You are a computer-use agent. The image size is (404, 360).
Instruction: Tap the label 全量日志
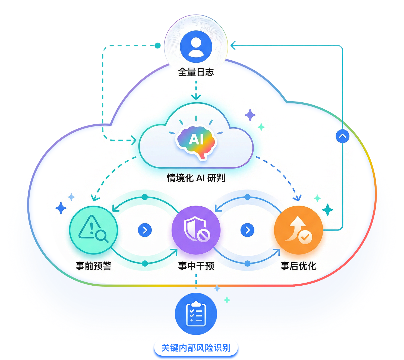pos(196,72)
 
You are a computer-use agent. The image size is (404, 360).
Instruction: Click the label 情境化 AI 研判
pos(196,178)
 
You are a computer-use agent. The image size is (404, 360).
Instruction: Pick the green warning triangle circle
pos(93,230)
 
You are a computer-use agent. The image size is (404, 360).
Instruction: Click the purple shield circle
pos(196,230)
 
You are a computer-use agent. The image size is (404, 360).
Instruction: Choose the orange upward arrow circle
pos(298,230)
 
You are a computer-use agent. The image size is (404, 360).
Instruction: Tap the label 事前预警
pos(93,266)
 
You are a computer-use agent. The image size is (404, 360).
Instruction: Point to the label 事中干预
pos(196,266)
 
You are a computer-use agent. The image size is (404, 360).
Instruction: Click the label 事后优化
pos(298,266)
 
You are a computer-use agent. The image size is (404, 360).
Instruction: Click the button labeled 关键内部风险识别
pos(196,348)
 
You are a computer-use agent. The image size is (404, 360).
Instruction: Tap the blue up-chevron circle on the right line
pos(342,136)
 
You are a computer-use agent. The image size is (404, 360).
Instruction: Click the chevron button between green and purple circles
pos(145,230)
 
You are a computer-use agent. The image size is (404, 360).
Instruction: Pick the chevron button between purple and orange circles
pos(247,230)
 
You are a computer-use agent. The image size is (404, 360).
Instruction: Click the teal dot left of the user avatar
pos(158,45)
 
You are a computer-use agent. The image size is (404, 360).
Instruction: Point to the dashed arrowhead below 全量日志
pos(196,97)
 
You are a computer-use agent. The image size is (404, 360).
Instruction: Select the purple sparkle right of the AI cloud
pos(250,115)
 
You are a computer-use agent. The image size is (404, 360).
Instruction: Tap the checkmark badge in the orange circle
pos(305,237)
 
